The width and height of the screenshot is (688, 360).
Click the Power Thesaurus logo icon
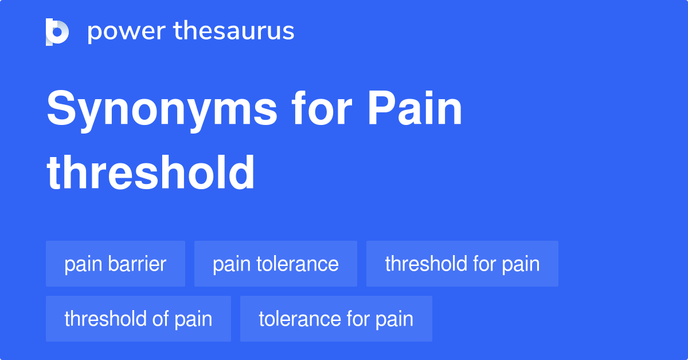[x=57, y=32]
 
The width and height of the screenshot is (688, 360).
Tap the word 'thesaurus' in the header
[x=234, y=32]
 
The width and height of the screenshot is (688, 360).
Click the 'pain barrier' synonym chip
[x=115, y=264]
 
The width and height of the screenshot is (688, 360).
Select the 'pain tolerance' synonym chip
[x=275, y=264]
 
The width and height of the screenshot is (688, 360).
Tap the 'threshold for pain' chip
[x=462, y=264]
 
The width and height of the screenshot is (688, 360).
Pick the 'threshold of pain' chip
[x=138, y=319]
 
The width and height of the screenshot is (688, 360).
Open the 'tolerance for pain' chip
[x=336, y=319]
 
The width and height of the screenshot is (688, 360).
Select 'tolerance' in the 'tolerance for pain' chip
[x=295, y=319]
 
